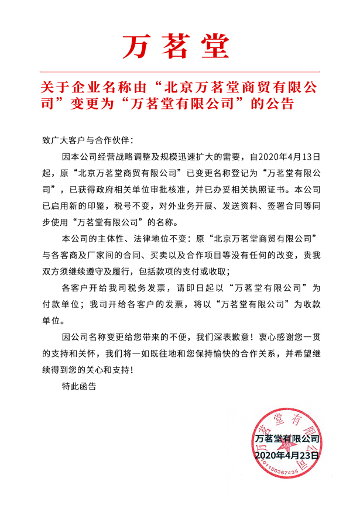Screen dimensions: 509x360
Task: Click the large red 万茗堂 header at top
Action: [x=176, y=46]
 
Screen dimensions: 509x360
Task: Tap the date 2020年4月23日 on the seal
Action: [x=287, y=454]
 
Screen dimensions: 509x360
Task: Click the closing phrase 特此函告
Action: [x=79, y=387]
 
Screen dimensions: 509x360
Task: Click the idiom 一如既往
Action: [x=153, y=354]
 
